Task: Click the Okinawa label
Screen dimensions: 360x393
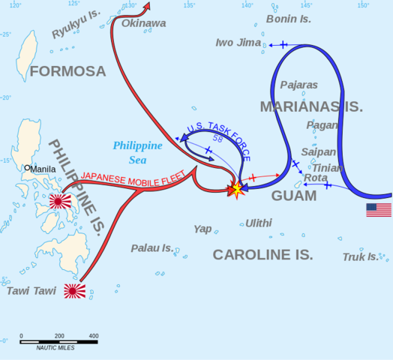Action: (x=144, y=23)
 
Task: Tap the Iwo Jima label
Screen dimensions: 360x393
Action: (x=238, y=43)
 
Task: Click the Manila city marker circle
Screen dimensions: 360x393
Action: (x=27, y=169)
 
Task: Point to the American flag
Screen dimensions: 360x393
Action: (x=379, y=210)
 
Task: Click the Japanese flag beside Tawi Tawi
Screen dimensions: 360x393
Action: (x=74, y=290)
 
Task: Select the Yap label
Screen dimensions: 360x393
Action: (x=202, y=229)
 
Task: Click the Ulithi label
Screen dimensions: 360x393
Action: (x=259, y=223)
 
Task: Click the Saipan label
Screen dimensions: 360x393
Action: (x=319, y=151)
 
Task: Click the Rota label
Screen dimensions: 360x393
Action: (x=315, y=178)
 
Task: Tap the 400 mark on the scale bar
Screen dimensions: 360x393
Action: (x=94, y=335)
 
